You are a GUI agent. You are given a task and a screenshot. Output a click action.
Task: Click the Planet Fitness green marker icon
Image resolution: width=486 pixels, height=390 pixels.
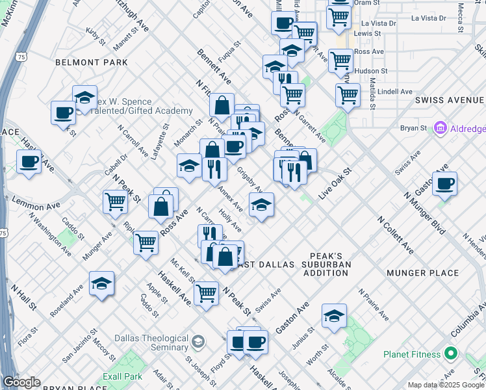pos(452,355)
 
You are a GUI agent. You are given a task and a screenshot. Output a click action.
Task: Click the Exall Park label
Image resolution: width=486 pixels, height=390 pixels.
pos(122,376)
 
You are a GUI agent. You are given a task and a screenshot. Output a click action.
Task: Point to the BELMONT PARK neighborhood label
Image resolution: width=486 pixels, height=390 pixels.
pos(92,62)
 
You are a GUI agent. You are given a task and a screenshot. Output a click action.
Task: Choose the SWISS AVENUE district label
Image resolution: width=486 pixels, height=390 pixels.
pos(449,100)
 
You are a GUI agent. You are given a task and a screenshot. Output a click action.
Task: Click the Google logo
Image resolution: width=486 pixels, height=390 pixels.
pos(21,382)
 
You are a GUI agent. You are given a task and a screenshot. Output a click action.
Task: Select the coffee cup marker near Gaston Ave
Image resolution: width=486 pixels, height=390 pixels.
pos(444,183)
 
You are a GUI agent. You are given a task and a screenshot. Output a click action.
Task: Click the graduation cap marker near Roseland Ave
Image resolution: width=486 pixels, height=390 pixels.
pos(102,283)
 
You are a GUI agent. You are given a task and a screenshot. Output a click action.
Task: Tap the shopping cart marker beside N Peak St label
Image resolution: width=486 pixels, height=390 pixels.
pos(115,201)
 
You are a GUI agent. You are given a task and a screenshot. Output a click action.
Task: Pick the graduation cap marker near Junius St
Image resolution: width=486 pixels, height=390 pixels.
pos(334,316)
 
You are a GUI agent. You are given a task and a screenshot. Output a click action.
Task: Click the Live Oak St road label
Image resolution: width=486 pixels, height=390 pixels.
pos(335,184)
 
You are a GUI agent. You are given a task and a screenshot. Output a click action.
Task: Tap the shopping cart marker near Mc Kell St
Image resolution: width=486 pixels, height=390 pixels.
pos(206,293)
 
